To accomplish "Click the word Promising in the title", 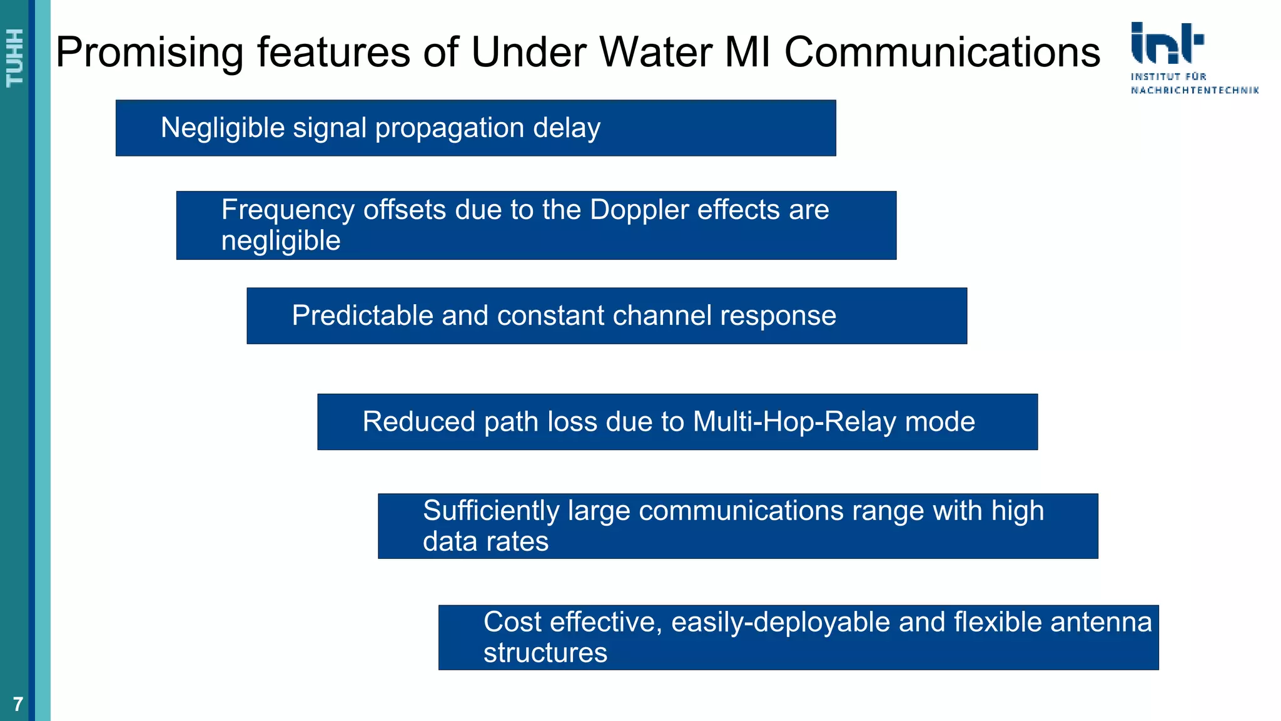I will click(149, 53).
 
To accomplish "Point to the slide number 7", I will click(18, 704).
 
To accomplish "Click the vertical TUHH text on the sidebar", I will click(15, 58).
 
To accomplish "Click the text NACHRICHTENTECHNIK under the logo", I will click(1194, 91).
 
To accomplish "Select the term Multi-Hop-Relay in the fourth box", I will click(794, 422).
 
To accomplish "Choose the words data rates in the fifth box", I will click(485, 541).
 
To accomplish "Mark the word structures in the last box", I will click(545, 653).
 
